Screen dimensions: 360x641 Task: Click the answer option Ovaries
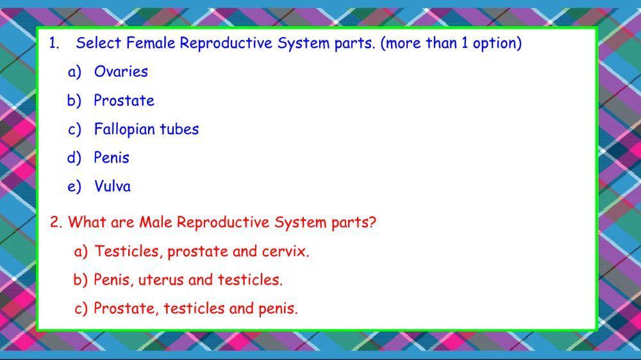[x=121, y=72]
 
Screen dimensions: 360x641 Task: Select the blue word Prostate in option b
[x=124, y=101]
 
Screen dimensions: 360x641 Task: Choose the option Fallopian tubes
[x=146, y=129]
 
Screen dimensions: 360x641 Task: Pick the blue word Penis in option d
[x=112, y=158]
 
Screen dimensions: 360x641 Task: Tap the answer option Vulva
[x=112, y=186]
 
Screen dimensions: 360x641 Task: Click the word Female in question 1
[x=151, y=44]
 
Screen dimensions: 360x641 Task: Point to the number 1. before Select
[x=54, y=44]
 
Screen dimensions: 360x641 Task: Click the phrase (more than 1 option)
[x=451, y=44]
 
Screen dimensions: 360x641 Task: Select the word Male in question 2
[x=156, y=222]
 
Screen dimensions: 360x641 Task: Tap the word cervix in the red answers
[x=285, y=251]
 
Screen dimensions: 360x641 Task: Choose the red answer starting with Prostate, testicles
[x=196, y=309]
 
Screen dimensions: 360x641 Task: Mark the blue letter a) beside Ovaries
[x=75, y=72]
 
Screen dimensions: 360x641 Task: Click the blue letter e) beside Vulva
[x=75, y=186]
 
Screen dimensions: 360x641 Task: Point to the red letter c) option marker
[x=81, y=309]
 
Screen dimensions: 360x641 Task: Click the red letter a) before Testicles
[x=81, y=251]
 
